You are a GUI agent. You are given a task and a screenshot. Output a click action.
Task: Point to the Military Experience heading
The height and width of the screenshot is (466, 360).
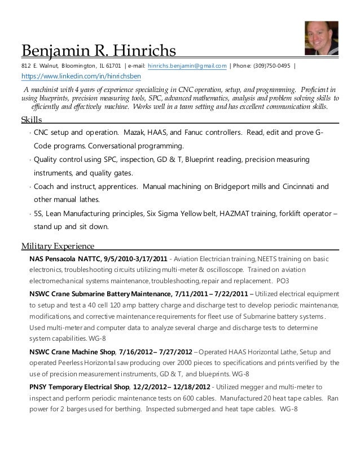pos(58,245)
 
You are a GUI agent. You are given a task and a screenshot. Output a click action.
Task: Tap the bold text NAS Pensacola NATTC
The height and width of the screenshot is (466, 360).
pos(71,258)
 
